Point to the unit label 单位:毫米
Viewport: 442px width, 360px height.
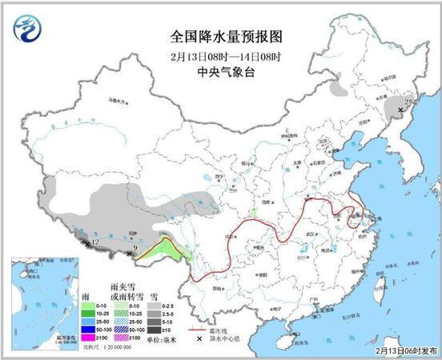point(165,340)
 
